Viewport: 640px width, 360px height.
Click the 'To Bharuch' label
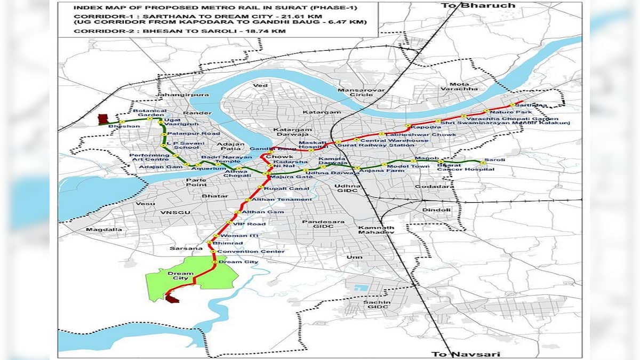click(x=470, y=5)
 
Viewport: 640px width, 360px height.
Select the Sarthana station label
click(x=534, y=105)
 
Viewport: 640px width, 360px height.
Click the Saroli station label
click(x=494, y=160)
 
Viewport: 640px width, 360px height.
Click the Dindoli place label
click(x=436, y=210)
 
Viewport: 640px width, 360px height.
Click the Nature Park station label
click(x=503, y=112)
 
